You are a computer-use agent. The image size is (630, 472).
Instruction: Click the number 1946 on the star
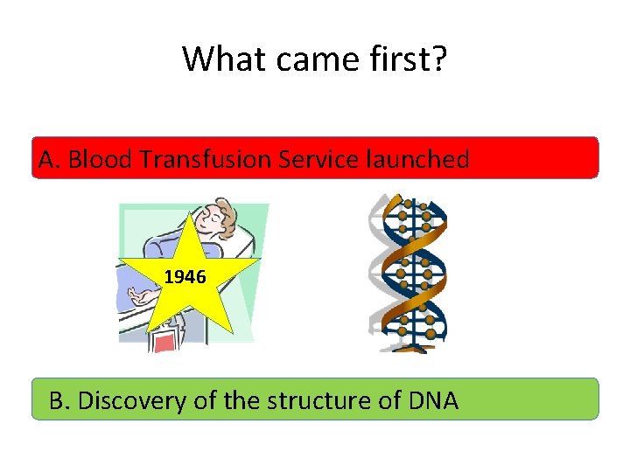[x=185, y=277]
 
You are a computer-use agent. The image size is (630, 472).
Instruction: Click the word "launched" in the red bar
[x=423, y=159]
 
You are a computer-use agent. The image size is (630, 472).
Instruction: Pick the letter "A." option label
[x=50, y=159]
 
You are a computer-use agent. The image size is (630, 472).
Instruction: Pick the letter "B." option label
[x=61, y=400]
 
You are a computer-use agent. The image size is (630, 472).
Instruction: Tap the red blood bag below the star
[x=164, y=342]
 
